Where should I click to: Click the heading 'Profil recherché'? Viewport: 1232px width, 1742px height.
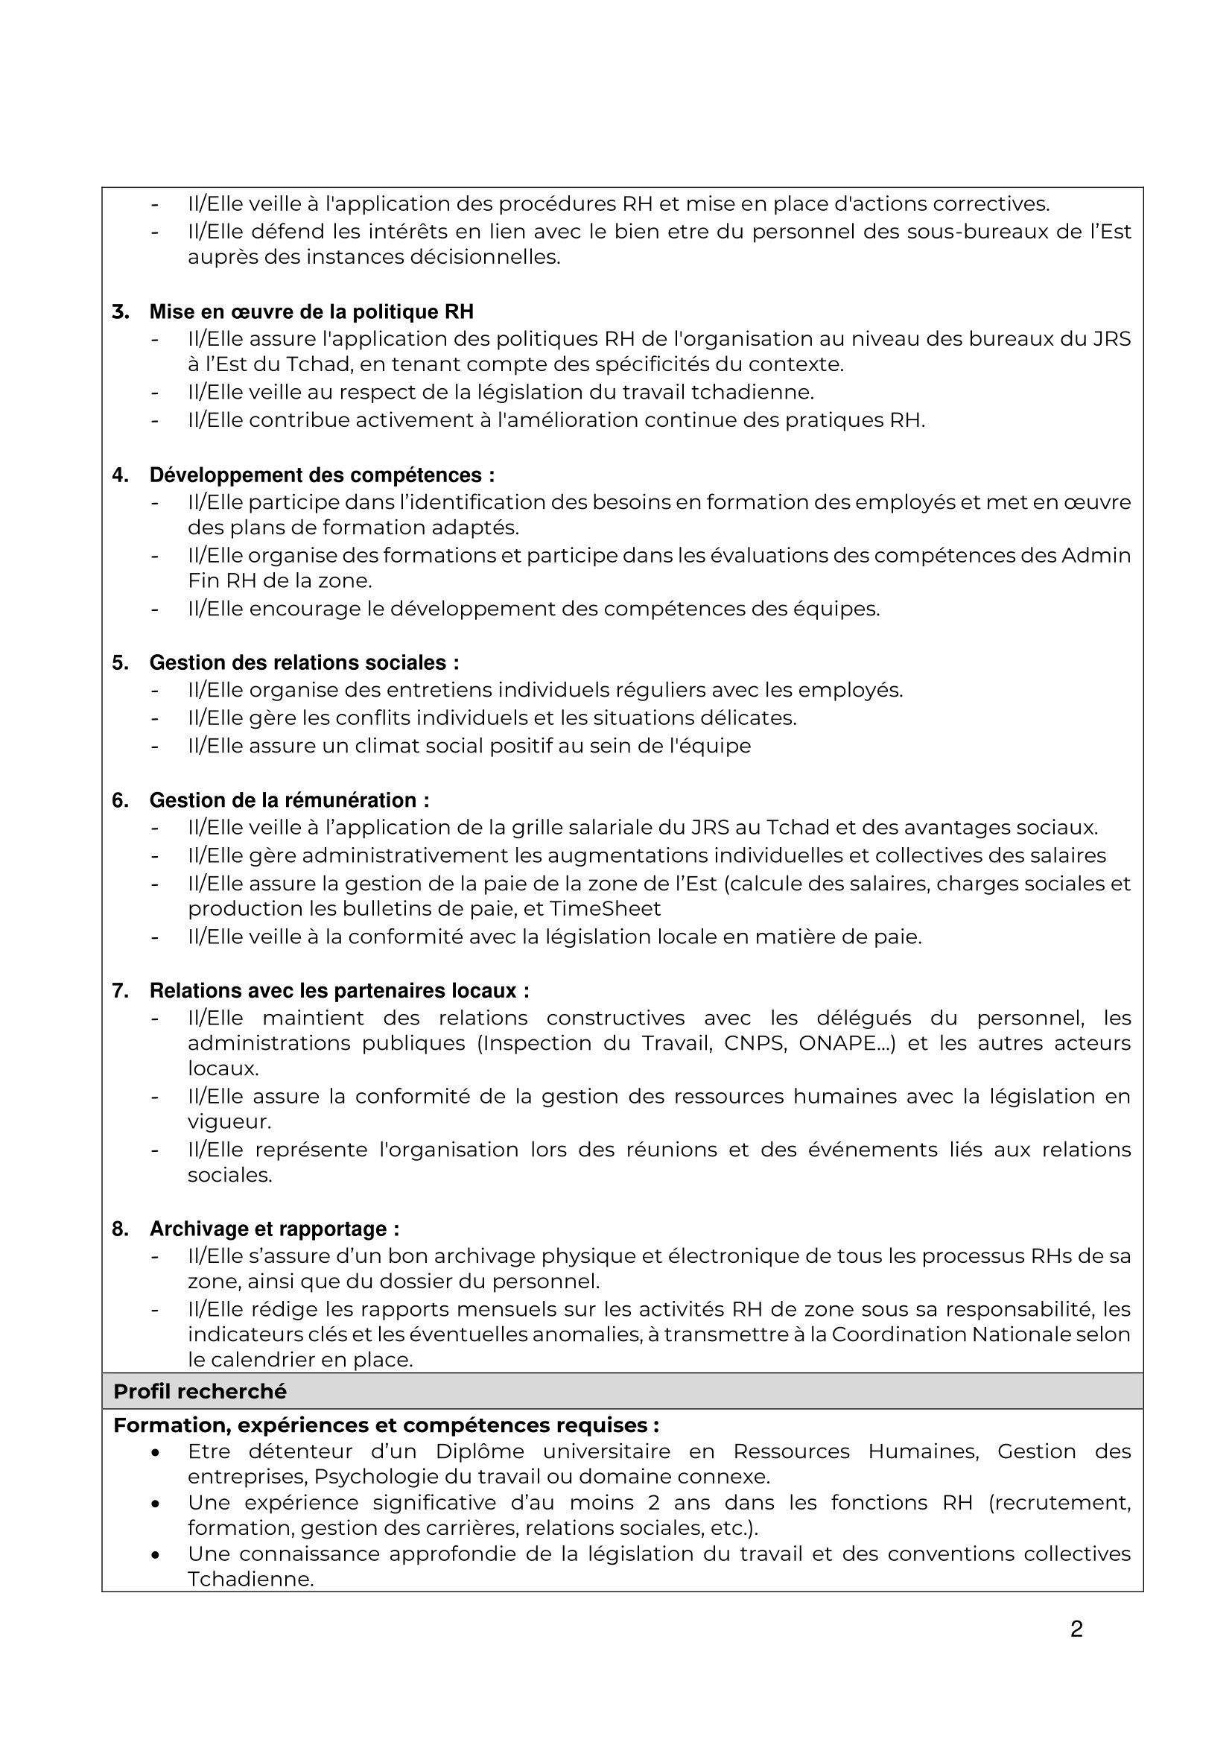point(200,1392)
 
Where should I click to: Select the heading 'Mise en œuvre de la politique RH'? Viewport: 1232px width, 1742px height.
point(311,312)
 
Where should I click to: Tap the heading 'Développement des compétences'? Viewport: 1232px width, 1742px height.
point(322,475)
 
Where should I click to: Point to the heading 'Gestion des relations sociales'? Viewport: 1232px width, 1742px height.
point(303,662)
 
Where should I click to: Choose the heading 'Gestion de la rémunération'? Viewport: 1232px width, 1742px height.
point(289,799)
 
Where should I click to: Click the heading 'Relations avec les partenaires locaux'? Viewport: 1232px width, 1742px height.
point(339,990)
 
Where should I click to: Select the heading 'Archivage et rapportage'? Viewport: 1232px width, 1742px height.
point(274,1229)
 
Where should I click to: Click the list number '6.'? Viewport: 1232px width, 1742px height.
point(120,800)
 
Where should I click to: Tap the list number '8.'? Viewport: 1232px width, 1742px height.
point(120,1229)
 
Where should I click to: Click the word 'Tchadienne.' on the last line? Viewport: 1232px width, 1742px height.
point(250,1579)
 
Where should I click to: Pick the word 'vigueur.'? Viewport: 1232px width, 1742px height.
point(229,1121)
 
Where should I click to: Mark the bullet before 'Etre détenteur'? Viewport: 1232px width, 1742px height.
point(156,1452)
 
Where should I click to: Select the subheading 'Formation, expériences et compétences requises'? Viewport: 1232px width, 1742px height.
point(386,1425)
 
